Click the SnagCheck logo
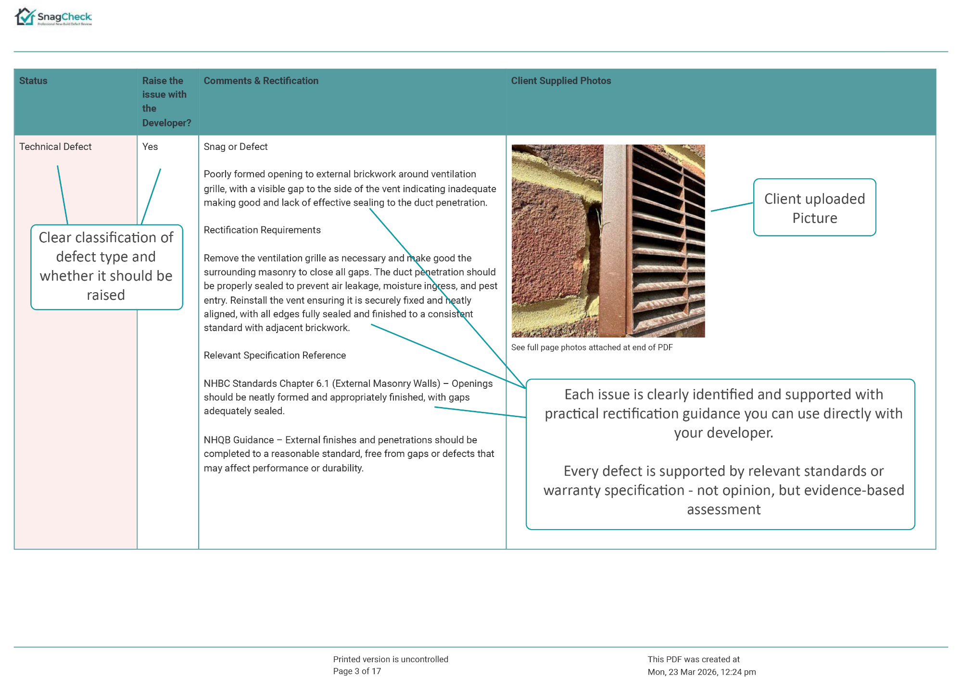tap(53, 17)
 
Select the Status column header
tap(33, 81)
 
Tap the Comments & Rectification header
tap(261, 81)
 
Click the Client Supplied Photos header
tap(561, 81)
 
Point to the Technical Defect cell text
tap(55, 147)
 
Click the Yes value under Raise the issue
tap(150, 147)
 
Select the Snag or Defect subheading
tap(235, 147)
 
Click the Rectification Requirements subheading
tap(262, 230)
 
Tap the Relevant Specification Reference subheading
tap(275, 355)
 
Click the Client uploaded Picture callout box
tap(814, 208)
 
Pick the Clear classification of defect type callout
tap(106, 267)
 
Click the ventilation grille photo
tap(608, 241)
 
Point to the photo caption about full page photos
tap(592, 347)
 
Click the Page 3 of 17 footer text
tap(357, 671)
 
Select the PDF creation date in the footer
tap(701, 672)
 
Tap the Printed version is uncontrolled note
tap(391, 659)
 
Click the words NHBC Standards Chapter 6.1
tap(266, 383)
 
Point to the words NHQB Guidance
tap(239, 440)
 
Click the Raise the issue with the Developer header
tap(166, 101)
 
